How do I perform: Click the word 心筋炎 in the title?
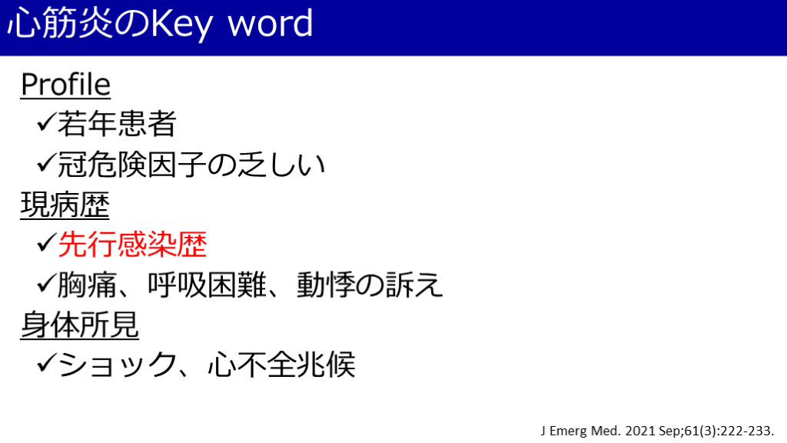coord(60,23)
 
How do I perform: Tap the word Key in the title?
coord(181,25)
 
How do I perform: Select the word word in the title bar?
coord(271,23)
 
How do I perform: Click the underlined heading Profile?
coord(65,84)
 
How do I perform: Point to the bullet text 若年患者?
coord(117,124)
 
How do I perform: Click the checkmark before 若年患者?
coord(46,122)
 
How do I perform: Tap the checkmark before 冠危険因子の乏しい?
coord(46,163)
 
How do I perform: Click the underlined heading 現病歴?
coord(65,205)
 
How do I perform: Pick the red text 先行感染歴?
coord(132,245)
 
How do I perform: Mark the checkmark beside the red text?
coord(46,243)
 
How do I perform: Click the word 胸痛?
coord(87,285)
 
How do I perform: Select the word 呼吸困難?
coord(207,285)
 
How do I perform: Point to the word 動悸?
coord(326,285)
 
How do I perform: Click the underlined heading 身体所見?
coord(79,325)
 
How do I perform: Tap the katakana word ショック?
coord(117,365)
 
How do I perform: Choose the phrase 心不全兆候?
coord(281,365)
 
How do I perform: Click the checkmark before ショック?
coord(46,363)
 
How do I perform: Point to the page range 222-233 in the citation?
coord(747,431)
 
